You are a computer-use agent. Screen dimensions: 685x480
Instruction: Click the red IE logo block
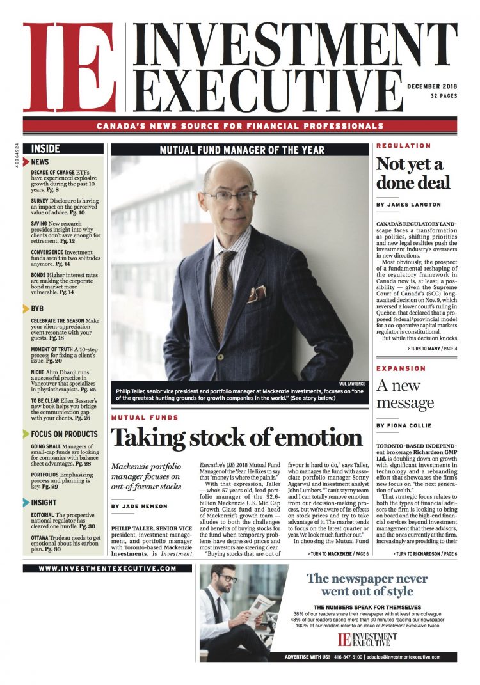coord(69,67)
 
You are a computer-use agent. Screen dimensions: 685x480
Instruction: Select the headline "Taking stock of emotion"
coord(237,437)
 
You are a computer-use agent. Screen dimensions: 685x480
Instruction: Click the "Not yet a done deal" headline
coord(413,173)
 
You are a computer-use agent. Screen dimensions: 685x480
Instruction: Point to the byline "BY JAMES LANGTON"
coord(409,205)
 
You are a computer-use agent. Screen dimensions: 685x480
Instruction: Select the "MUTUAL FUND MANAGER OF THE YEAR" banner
coord(241,150)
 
